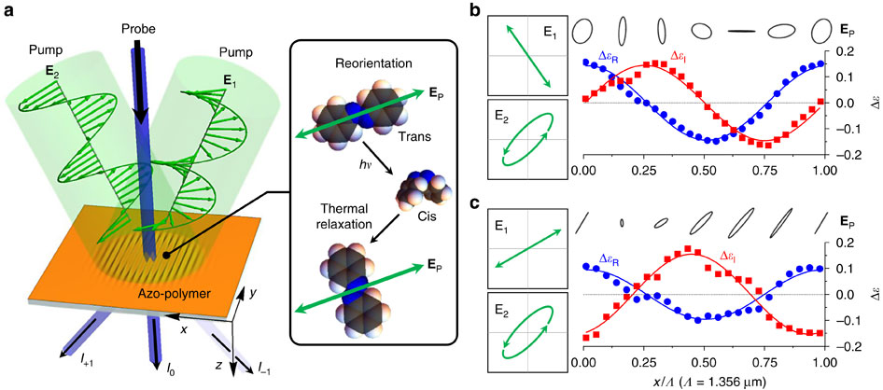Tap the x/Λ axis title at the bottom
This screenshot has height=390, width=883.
point(711,382)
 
